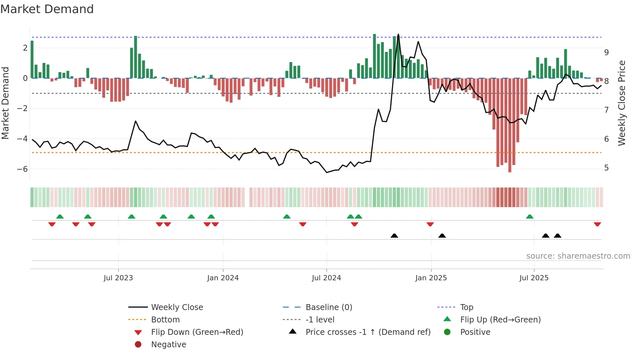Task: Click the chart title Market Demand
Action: pos(47,9)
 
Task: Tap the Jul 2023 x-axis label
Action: pos(118,278)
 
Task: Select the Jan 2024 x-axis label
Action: pos(223,278)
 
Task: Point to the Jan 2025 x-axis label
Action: pos(431,278)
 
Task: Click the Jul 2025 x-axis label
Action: pos(534,278)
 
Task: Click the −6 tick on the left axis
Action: pos(22,169)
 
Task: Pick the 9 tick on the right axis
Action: pos(606,52)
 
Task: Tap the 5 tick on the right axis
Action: pos(606,168)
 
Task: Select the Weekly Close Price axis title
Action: pos(622,103)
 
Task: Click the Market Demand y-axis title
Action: pos(6,103)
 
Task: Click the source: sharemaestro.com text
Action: pos(578,256)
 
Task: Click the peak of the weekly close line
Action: pos(398,34)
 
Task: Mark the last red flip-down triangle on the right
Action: pos(598,224)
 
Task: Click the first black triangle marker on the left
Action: pos(394,236)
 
